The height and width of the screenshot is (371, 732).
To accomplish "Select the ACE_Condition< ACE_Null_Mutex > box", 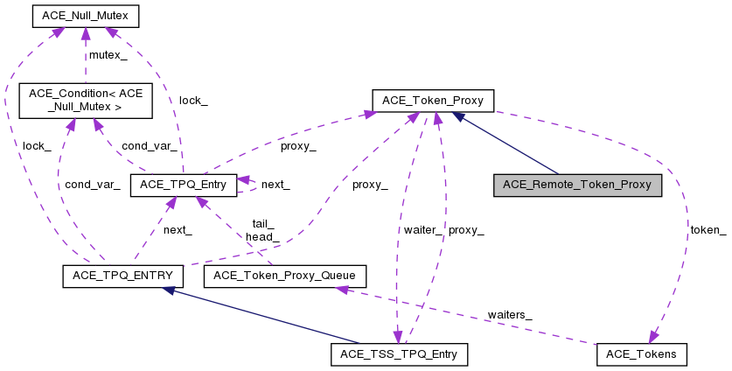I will [86, 101].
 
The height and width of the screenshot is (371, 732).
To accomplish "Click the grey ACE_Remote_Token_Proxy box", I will [577, 185].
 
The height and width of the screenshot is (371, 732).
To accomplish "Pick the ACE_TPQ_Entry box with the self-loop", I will [184, 185].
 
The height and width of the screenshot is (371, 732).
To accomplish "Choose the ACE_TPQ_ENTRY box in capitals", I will [122, 276].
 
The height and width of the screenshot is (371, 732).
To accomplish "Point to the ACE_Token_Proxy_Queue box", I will [284, 276].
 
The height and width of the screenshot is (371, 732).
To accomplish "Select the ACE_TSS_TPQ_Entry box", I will [400, 354].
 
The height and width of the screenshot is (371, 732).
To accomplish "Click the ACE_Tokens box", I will [642, 354].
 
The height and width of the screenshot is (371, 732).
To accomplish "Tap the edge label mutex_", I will [108, 55].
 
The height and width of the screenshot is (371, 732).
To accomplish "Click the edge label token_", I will [708, 230].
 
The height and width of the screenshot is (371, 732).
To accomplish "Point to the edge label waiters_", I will [510, 313].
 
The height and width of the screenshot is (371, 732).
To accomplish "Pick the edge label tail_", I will [262, 224].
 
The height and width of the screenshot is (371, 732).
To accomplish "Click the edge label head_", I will [262, 236].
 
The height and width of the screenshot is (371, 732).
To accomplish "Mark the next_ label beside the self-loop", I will [275, 185].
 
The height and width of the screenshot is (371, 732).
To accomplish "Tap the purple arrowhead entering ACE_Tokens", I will [652, 337].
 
